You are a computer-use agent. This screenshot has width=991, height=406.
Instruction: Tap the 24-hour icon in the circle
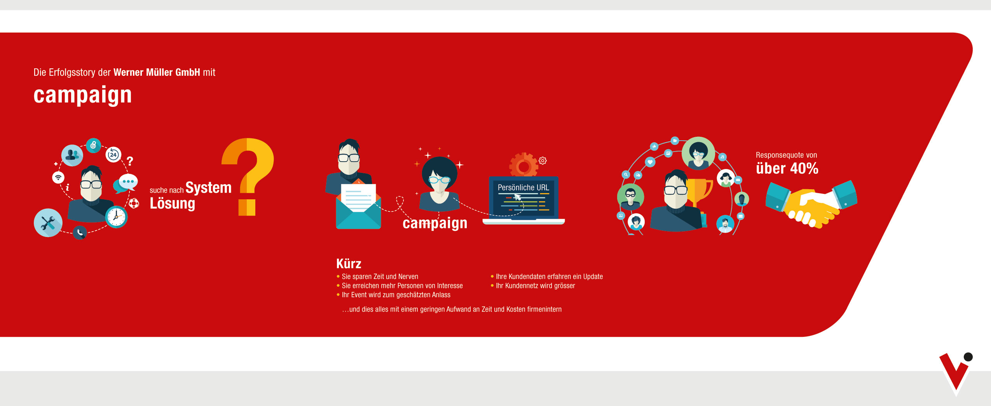tap(113, 155)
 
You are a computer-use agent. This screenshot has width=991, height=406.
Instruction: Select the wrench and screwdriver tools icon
tap(48, 223)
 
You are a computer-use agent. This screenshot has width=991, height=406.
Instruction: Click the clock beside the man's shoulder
tap(116, 217)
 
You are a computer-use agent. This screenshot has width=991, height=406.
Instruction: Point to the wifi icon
tap(58, 178)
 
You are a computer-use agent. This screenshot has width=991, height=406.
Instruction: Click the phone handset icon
tap(80, 232)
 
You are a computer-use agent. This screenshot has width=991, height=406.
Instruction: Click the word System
tap(208, 188)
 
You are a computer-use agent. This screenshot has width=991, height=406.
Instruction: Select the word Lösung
tap(173, 204)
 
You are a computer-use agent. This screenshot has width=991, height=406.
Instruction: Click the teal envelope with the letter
tap(358, 206)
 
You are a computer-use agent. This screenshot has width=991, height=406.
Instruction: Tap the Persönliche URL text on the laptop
tap(523, 188)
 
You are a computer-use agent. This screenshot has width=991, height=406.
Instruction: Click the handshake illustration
tap(811, 204)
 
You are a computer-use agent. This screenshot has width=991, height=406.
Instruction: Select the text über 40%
tap(787, 168)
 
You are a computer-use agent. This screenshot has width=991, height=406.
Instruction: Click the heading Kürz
tap(349, 263)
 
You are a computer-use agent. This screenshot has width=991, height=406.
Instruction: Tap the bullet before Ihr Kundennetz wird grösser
tap(492, 286)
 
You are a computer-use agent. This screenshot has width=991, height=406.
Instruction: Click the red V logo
tap(955, 371)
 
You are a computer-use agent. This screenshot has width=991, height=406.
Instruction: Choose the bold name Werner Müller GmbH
tap(157, 72)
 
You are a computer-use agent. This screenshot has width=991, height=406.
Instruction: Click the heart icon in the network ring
tap(650, 162)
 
